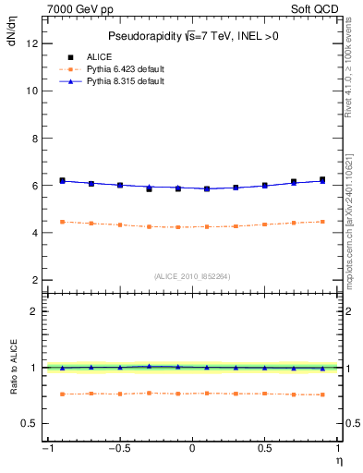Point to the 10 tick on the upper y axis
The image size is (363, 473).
33,91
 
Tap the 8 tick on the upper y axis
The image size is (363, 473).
35,139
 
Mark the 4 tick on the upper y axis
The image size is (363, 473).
35,233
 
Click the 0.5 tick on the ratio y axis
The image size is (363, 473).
31,423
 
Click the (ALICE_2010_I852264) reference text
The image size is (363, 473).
192,275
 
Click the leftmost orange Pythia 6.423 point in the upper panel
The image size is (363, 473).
62,222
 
